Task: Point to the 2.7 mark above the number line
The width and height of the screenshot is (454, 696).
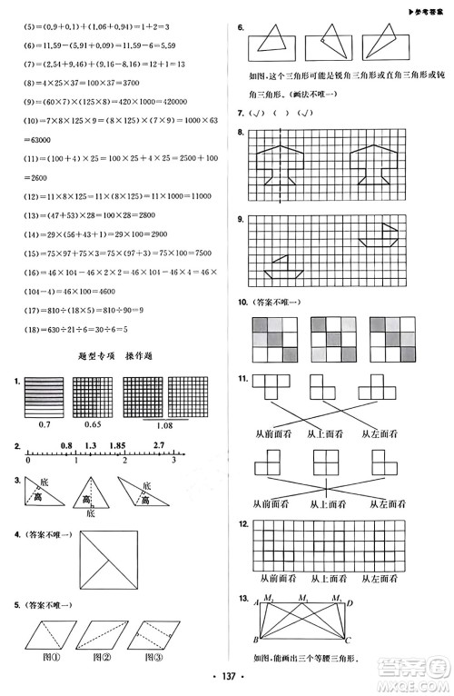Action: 159,444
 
